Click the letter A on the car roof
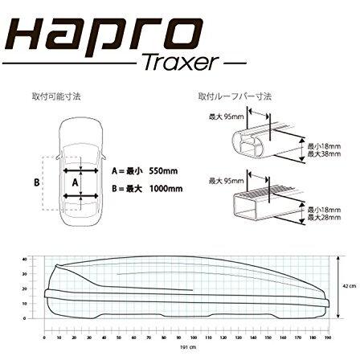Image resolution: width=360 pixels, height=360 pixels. tap(76, 182)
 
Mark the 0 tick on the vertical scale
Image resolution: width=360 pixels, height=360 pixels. tap(27, 329)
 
